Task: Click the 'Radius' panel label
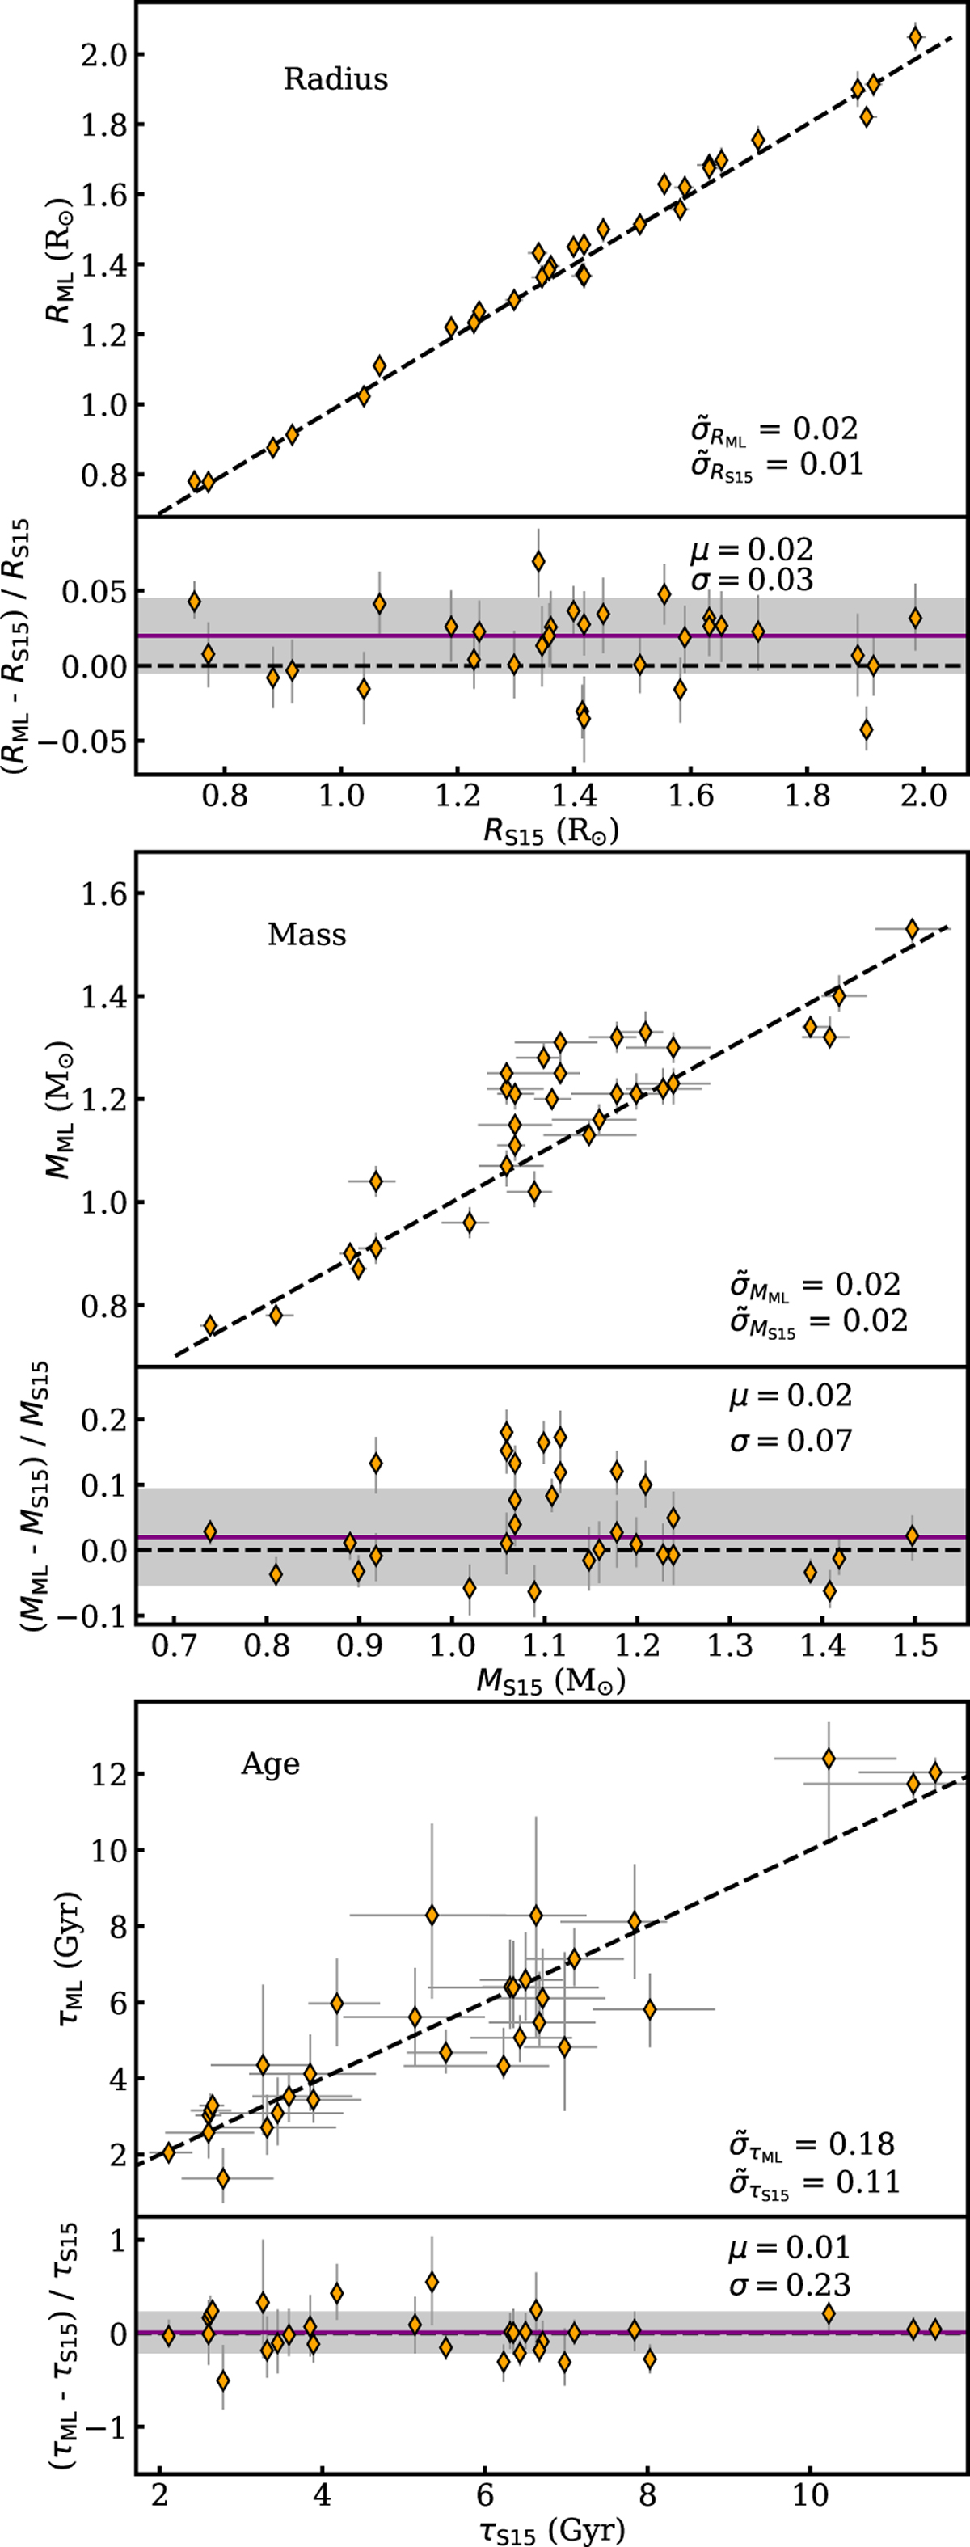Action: click(335, 79)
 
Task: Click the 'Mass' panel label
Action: click(306, 935)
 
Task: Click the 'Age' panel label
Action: click(270, 1764)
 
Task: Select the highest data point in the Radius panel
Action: click(916, 37)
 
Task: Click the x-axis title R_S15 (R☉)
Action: click(550, 834)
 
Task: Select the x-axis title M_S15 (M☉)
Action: click(550, 1683)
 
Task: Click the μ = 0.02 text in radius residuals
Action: click(752, 550)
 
